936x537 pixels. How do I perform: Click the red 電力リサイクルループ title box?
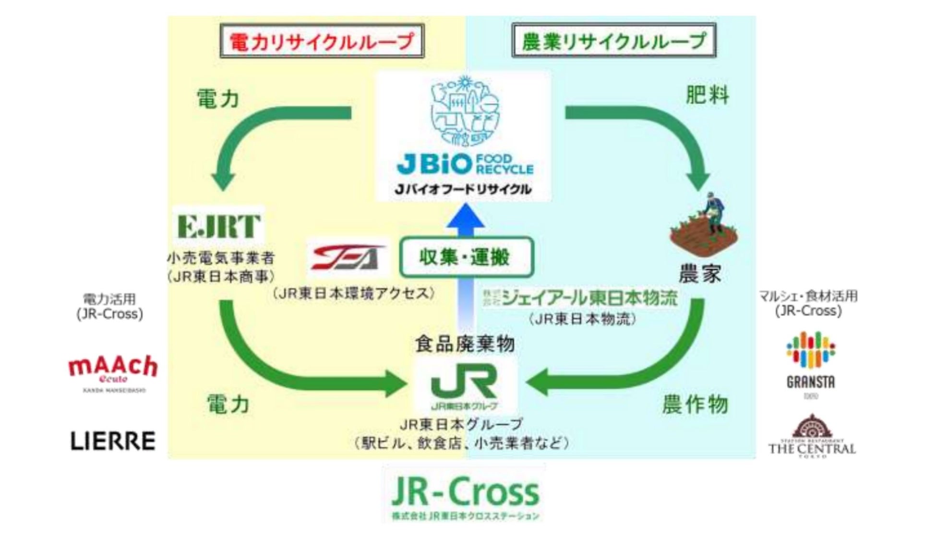(322, 41)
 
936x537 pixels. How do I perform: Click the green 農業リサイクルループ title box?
(614, 41)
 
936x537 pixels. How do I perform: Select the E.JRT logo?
(218, 226)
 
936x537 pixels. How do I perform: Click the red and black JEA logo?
(348, 258)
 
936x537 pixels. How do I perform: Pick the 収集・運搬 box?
(466, 257)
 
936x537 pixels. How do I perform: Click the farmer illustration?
(704, 225)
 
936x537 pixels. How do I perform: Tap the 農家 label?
(700, 274)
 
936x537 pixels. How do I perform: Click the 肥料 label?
(707, 95)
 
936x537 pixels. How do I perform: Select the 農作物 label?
(695, 404)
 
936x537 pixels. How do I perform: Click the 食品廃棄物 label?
(465, 344)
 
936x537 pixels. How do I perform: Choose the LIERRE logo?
(113, 441)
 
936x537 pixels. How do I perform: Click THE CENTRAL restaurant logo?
(812, 436)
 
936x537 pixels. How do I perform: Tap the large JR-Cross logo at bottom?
(465, 494)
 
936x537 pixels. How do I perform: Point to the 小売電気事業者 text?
(221, 258)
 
